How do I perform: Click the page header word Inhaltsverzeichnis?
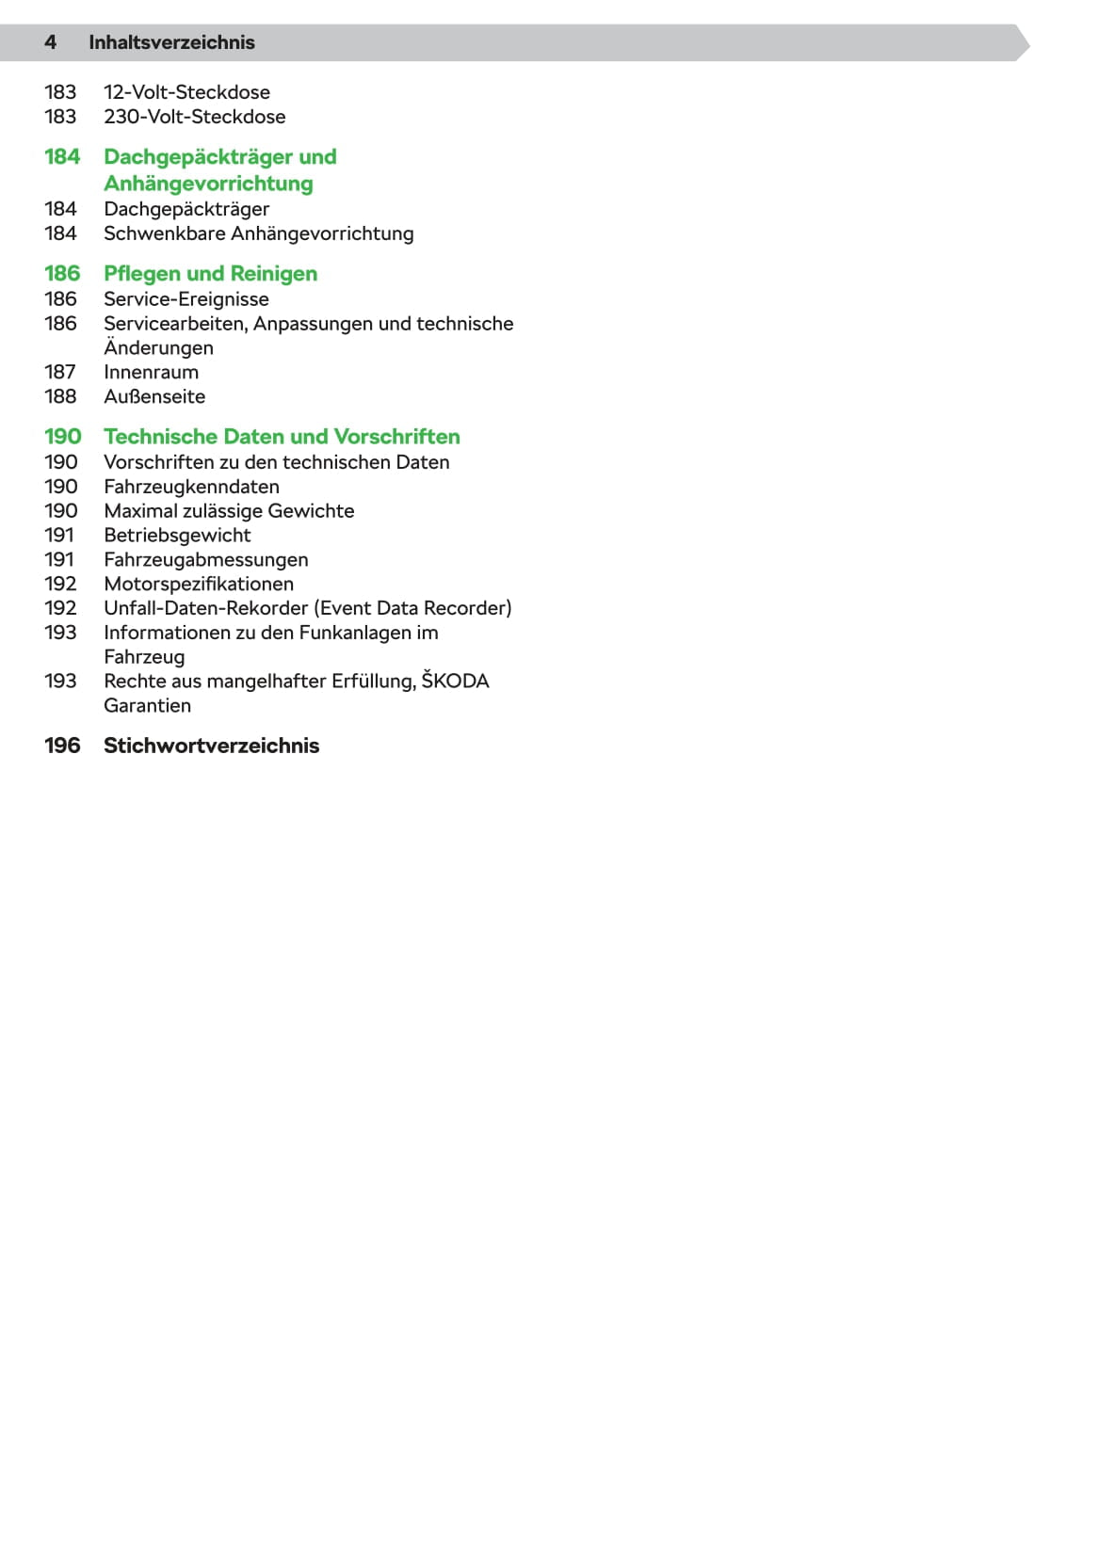pyautogui.click(x=171, y=42)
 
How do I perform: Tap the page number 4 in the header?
pyautogui.click(x=51, y=42)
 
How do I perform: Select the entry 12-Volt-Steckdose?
pyautogui.click(x=186, y=92)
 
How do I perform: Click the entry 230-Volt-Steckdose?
pyautogui.click(x=194, y=117)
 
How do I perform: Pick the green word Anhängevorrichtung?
pyautogui.click(x=208, y=184)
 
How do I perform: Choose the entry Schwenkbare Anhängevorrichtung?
pyautogui.click(x=258, y=233)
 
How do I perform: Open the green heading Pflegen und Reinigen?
pyautogui.click(x=210, y=274)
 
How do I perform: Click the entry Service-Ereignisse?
pyautogui.click(x=186, y=299)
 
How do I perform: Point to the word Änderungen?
pyautogui.click(x=158, y=348)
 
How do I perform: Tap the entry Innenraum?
pyautogui.click(x=151, y=373)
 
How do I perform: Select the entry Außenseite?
pyautogui.click(x=154, y=397)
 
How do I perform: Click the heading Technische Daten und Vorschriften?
pyautogui.click(x=282, y=437)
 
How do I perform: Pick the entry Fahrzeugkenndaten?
pyautogui.click(x=191, y=487)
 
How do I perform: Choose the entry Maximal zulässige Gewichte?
pyautogui.click(x=229, y=511)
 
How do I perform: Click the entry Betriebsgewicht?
pyautogui.click(x=177, y=536)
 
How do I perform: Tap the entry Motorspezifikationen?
pyautogui.click(x=199, y=585)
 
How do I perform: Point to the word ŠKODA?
pyautogui.click(x=455, y=681)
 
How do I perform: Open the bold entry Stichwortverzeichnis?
pyautogui.click(x=211, y=746)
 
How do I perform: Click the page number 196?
pyautogui.click(x=62, y=746)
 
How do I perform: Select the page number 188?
pyautogui.click(x=60, y=397)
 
